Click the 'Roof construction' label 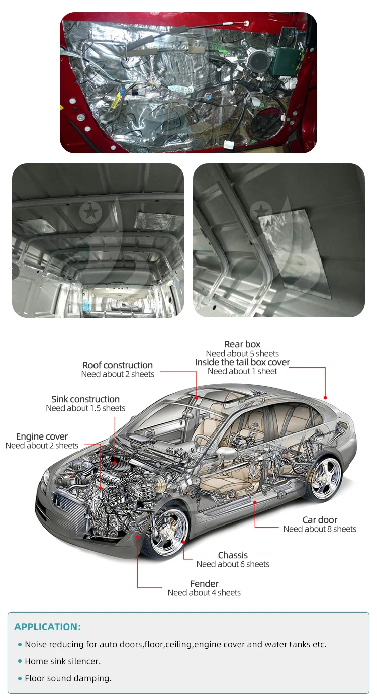click(x=118, y=365)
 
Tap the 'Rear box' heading click(x=242, y=344)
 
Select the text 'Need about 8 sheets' click(x=320, y=529)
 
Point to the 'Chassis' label click(x=233, y=555)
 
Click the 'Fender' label click(x=204, y=584)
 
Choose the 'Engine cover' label click(x=42, y=436)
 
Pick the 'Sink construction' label click(x=85, y=399)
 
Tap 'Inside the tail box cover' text click(x=242, y=362)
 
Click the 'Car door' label click(x=320, y=520)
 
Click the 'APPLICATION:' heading click(x=47, y=627)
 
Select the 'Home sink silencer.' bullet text click(x=63, y=661)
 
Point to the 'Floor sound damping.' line click(x=68, y=678)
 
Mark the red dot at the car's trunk click(x=325, y=398)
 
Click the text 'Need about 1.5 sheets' click(x=85, y=408)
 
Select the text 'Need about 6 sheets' click(x=233, y=564)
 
